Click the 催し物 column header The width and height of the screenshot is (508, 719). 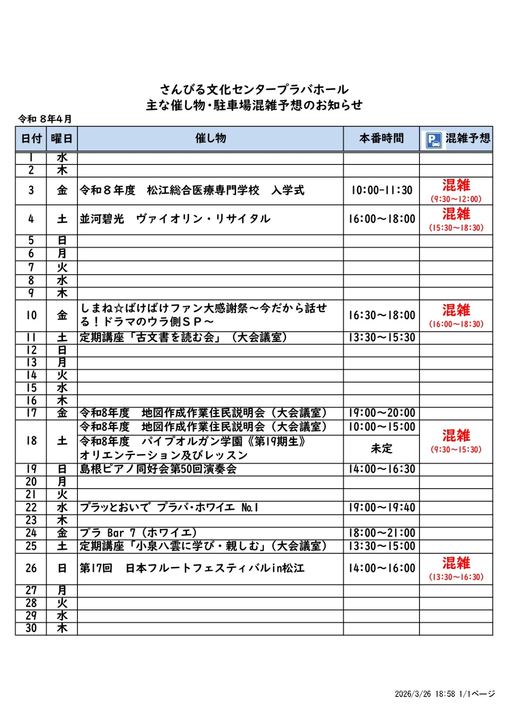point(211,138)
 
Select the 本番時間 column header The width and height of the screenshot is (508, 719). point(381,138)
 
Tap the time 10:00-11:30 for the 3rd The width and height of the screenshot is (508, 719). point(381,190)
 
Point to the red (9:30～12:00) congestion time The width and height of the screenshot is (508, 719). point(456,199)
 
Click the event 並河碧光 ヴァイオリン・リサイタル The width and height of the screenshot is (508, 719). point(175,219)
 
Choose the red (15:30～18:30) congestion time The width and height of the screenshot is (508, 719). point(456,228)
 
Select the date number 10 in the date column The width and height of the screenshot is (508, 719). point(31,315)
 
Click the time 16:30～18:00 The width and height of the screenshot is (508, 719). point(381,315)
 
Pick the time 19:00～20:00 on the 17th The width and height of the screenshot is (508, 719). point(381,413)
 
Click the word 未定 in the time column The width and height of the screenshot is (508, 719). point(381,449)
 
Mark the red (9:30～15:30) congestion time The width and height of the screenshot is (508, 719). point(456,450)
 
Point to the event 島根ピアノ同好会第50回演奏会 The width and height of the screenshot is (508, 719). point(158,469)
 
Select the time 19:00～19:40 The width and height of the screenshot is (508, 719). point(381,508)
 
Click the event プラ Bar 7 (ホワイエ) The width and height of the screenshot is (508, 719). point(138,533)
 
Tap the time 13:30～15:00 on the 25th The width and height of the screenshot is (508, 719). point(381,546)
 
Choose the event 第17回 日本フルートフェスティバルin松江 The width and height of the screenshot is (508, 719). point(192,568)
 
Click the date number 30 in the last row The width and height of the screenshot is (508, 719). point(31,628)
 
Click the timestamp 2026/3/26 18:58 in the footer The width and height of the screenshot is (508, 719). point(425,694)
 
